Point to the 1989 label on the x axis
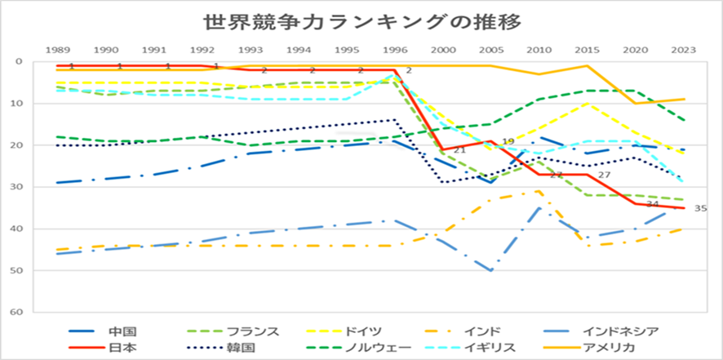tap(57, 50)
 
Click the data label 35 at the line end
tap(699, 209)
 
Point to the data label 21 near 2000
tap(459, 150)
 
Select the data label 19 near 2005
tap(508, 142)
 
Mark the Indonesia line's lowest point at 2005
tap(490, 270)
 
